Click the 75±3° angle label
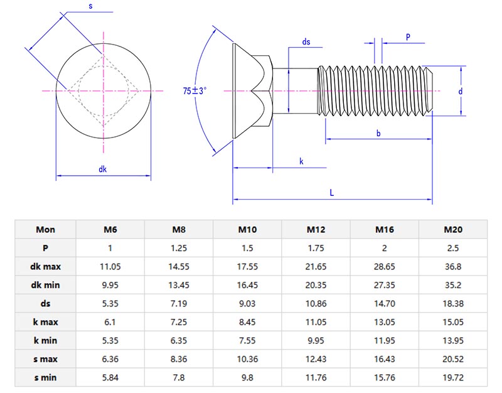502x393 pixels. coord(195,91)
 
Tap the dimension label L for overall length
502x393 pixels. coord(332,193)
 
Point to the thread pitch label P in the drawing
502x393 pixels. coord(408,37)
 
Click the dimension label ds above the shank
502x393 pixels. coord(306,42)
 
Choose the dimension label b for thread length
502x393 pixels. coord(378,133)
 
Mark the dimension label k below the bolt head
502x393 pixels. coord(301,161)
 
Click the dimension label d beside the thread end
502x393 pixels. coord(460,91)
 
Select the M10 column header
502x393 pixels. coord(247,229)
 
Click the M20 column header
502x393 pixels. coord(452,229)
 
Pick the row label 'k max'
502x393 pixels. coord(45,322)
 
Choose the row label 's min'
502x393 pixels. coord(45,378)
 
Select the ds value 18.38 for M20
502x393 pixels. coord(452,304)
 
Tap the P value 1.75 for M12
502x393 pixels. coord(316,248)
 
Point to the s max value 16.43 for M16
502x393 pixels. coord(384,360)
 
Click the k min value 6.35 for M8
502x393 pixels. coord(178,341)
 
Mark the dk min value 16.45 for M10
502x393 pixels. coord(247,285)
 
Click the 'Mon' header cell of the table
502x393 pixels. coord(45,229)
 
